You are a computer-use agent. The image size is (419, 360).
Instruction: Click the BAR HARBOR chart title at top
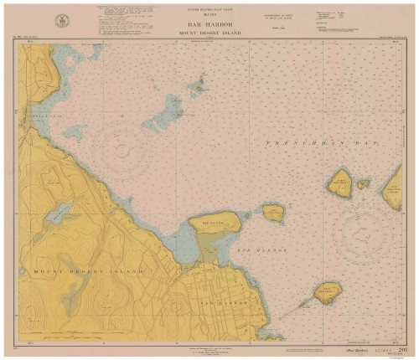209,24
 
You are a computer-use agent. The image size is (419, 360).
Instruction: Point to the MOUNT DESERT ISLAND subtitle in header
209,33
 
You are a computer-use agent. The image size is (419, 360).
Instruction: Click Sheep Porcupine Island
273,213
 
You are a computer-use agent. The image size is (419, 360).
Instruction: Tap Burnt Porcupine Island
340,182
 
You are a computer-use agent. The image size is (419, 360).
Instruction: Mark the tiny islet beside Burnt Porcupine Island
363,183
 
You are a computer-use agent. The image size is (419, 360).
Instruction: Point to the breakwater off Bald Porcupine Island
293,309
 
